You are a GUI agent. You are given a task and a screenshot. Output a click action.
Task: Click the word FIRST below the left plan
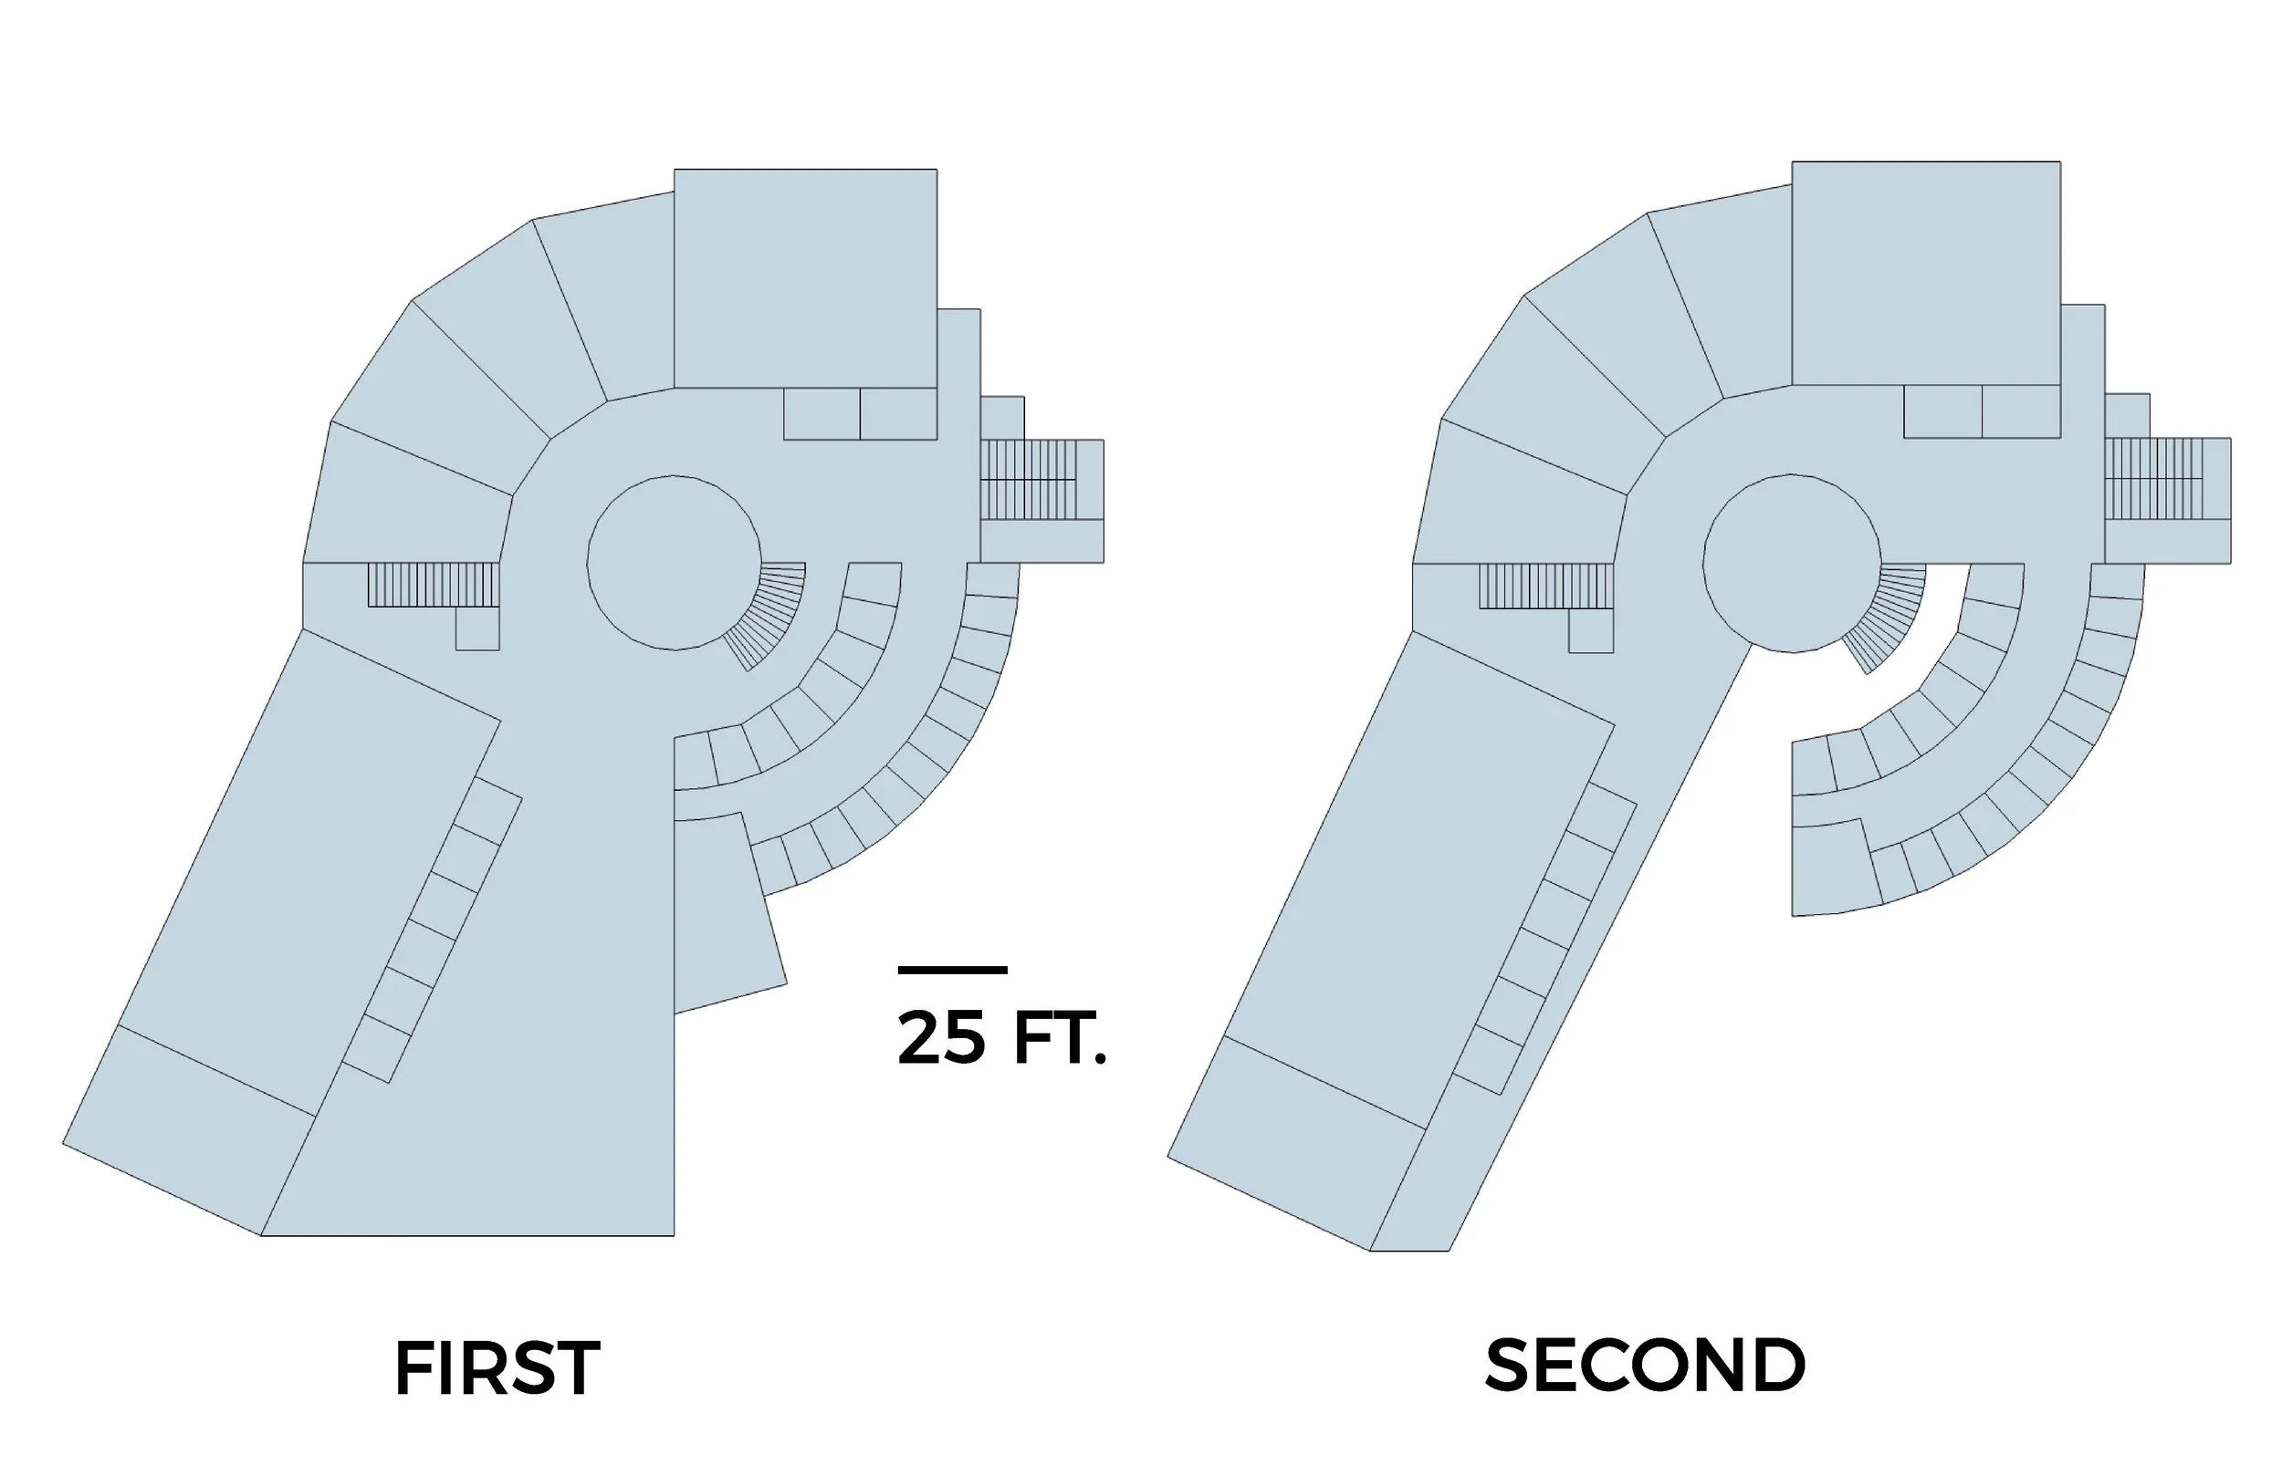click(x=497, y=1369)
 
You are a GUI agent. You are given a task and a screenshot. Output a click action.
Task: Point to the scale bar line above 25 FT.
click(x=952, y=971)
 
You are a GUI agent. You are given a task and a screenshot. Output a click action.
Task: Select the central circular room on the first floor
click(x=673, y=563)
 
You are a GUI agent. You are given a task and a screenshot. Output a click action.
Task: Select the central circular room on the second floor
click(x=1791, y=563)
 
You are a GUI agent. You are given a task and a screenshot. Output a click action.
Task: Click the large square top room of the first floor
click(x=805, y=278)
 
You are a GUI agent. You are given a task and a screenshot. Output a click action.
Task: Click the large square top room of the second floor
click(x=1925, y=272)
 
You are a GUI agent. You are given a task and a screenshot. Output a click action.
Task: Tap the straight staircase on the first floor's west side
click(x=434, y=585)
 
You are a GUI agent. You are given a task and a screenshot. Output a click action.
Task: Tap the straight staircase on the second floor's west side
click(x=1545, y=587)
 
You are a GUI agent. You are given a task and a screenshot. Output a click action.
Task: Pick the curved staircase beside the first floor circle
click(x=773, y=613)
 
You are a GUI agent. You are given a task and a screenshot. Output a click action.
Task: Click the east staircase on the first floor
click(x=1042, y=479)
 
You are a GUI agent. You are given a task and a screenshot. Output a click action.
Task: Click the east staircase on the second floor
click(x=2167, y=478)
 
